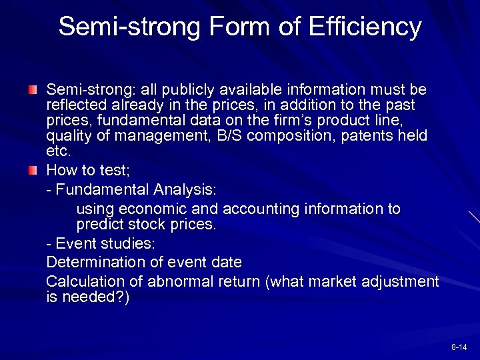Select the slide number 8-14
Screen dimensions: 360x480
(459, 347)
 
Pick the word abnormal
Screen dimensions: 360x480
(179, 281)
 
